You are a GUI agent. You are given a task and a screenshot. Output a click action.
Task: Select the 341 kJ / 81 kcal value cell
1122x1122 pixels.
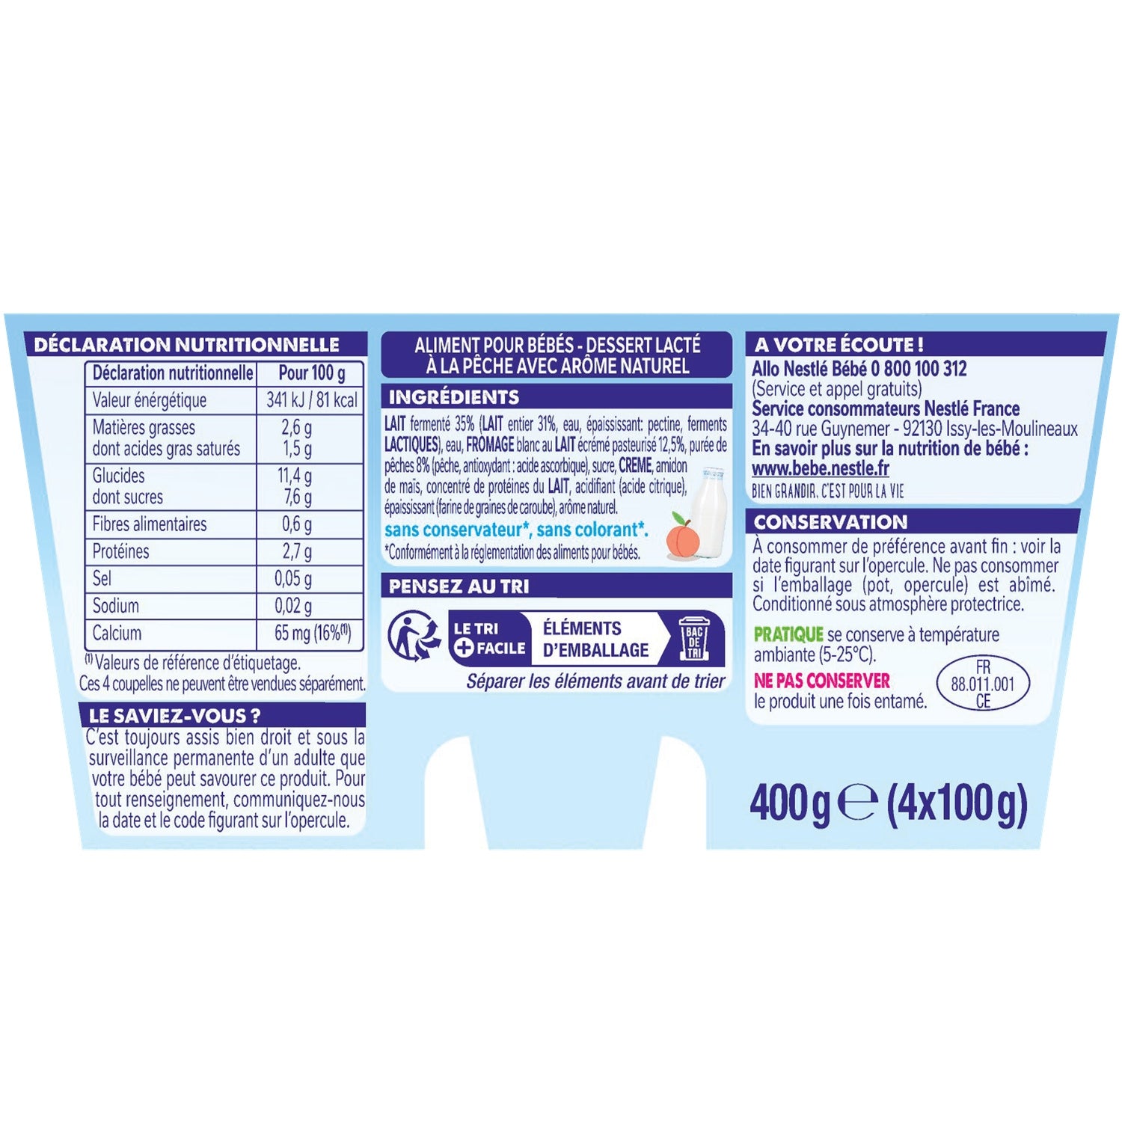pos(312,400)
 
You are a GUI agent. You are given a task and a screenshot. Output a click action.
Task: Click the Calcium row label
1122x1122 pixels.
pos(117,633)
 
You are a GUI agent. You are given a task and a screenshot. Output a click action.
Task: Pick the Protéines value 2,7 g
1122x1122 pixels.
pos(297,552)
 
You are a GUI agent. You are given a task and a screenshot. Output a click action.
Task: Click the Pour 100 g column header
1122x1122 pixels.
pos(312,373)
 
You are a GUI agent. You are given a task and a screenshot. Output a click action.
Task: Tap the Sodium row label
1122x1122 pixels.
pos(115,605)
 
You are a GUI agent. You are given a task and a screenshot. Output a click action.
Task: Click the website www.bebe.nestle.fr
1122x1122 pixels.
pos(821,469)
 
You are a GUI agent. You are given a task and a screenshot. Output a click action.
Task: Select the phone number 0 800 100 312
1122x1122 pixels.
pos(919,369)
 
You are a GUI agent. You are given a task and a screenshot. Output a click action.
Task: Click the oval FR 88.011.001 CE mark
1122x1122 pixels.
pos(983,684)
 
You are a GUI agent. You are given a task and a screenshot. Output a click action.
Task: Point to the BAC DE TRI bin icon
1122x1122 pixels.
pos(694,638)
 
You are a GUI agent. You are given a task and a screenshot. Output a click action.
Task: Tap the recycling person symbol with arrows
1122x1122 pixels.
pos(414,637)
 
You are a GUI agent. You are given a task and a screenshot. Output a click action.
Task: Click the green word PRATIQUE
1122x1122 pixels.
pos(788,634)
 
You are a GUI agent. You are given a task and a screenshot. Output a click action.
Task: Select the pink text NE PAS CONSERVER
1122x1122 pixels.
pos(822,681)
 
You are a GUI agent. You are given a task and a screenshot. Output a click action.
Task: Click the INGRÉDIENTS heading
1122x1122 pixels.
pos(454,397)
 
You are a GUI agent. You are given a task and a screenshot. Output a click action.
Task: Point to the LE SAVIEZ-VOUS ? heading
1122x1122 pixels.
pos(174,716)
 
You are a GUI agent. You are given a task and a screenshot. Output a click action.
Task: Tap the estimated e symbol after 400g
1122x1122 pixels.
pos(857,804)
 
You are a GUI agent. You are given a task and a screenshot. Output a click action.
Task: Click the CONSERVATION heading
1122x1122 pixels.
pos(830,522)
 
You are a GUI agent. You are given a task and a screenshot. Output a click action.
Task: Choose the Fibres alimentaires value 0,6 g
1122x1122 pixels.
pos(297,524)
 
